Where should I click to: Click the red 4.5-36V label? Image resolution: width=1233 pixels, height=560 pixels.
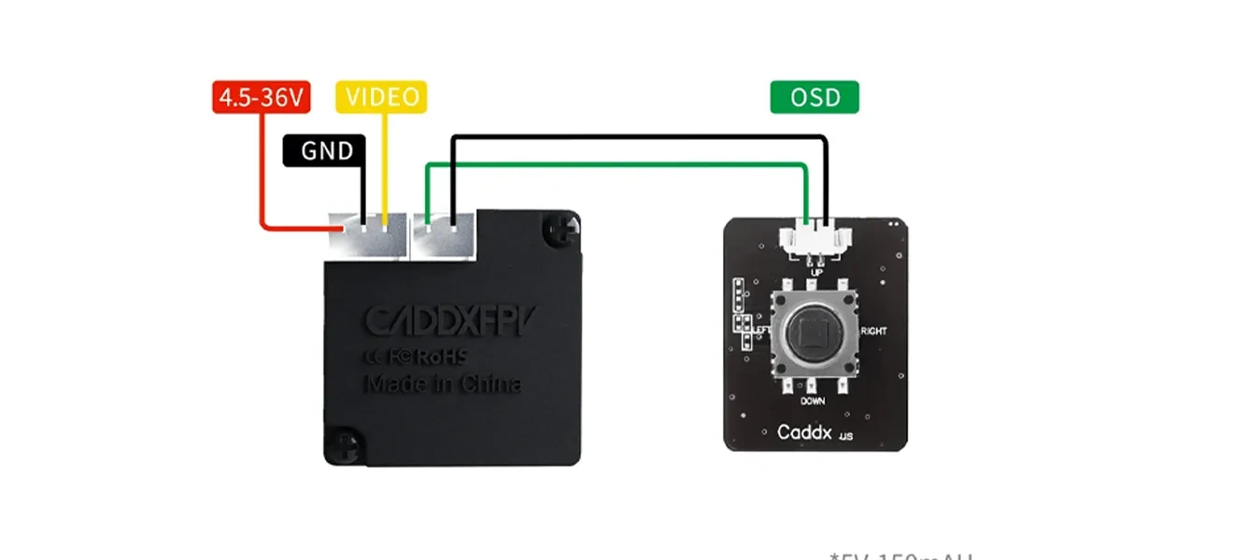coord(261,97)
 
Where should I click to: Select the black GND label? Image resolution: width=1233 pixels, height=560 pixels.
coord(324,150)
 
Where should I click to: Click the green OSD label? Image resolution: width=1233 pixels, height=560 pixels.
coord(814,97)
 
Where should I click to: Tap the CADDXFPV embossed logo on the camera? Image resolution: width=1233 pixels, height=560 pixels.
coord(441,320)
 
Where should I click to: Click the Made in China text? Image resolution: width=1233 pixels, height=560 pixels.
coord(441,384)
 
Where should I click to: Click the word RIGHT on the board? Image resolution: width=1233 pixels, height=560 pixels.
coord(874,331)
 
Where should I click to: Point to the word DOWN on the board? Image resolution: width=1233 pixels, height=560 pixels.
coord(812,401)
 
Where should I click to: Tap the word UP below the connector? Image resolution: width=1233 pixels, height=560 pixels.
coord(816,272)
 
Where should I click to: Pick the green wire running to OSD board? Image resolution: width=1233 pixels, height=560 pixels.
coord(616,165)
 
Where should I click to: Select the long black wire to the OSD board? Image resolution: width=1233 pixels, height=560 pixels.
coord(635,138)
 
